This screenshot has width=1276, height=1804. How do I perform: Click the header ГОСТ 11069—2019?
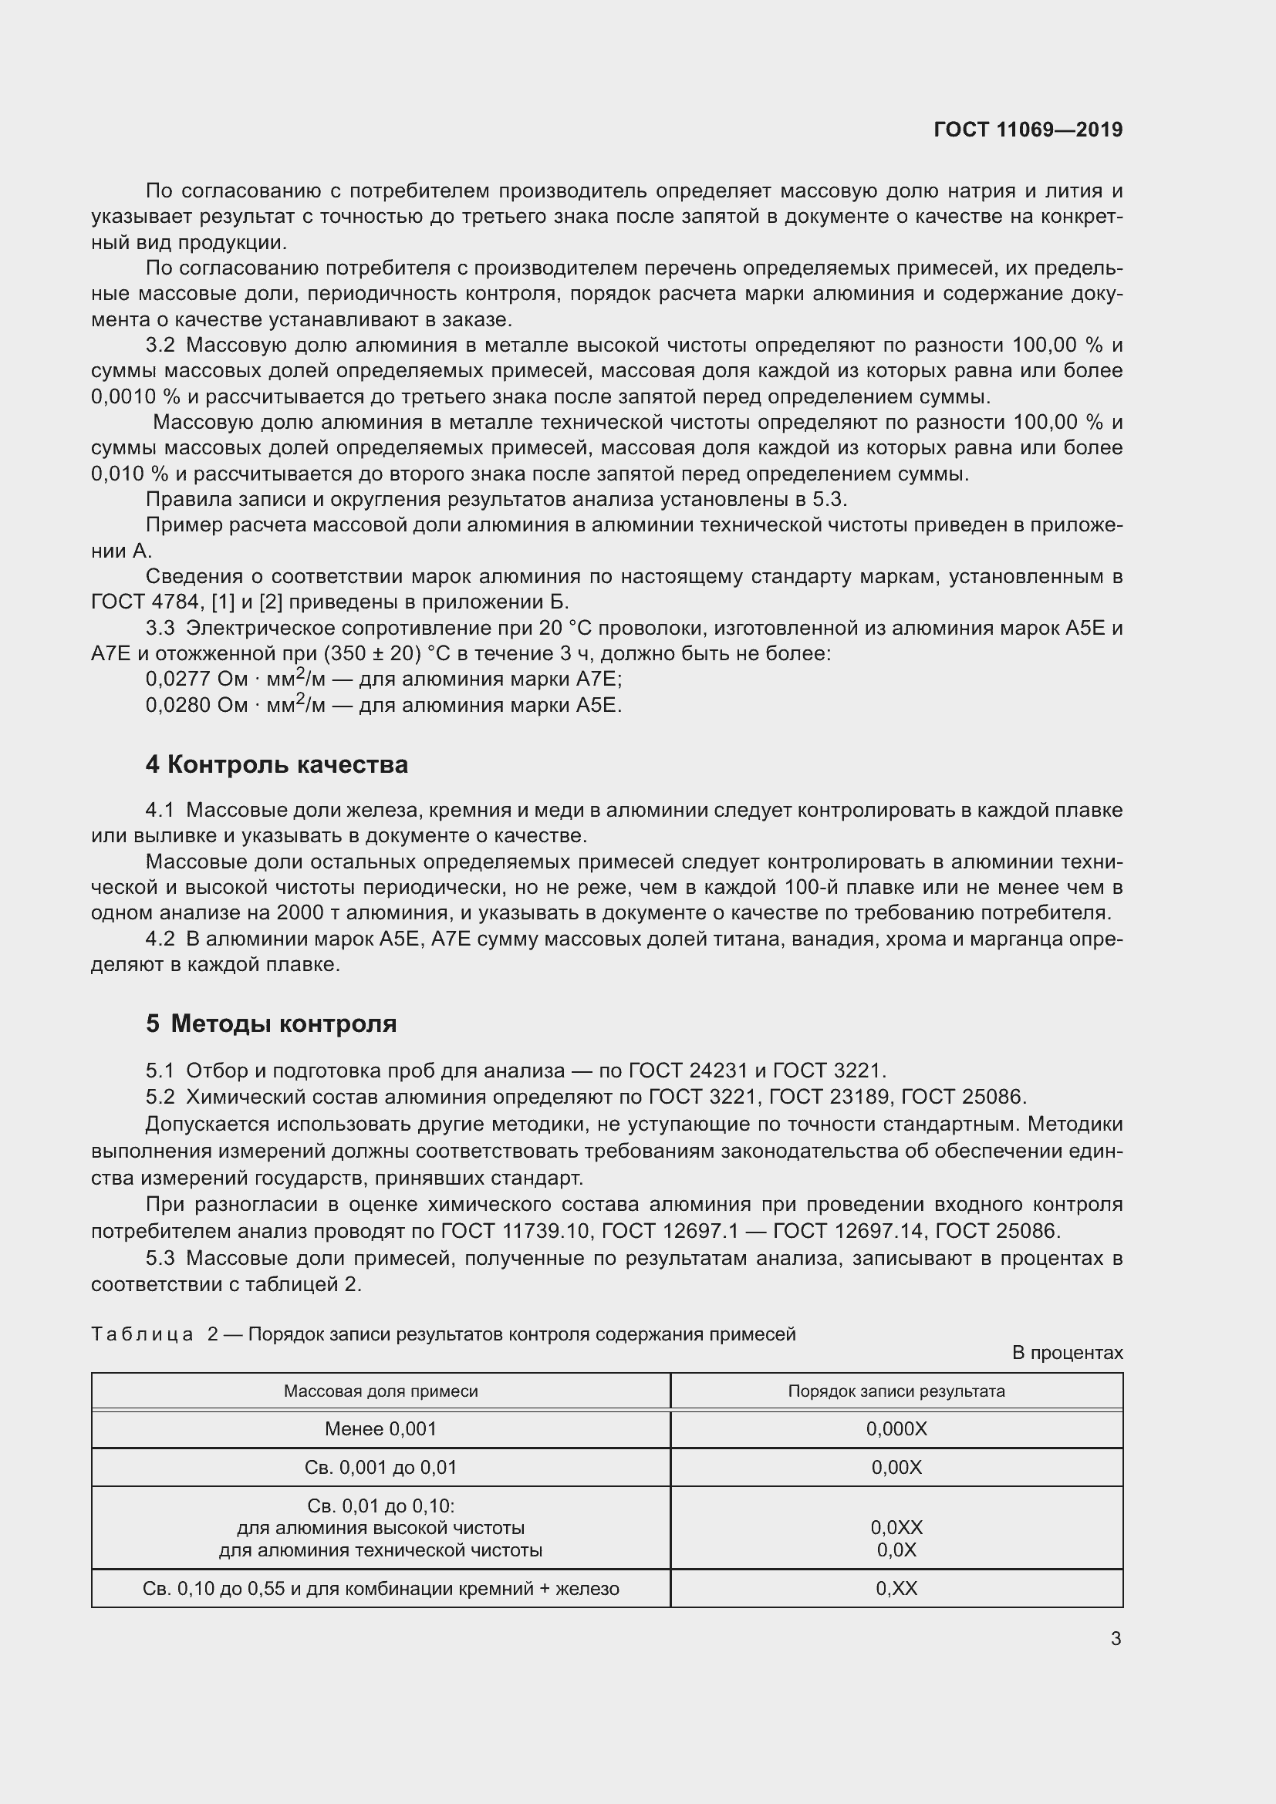[1028, 130]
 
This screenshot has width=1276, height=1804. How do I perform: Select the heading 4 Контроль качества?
[277, 764]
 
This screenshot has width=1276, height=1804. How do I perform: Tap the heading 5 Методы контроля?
[271, 1023]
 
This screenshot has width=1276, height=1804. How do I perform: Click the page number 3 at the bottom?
[1116, 1638]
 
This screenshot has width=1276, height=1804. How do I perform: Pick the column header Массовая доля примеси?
[380, 1391]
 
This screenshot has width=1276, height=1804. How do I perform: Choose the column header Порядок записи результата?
[896, 1391]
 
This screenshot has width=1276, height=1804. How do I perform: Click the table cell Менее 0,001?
[380, 1429]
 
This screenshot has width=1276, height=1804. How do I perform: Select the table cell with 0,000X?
[896, 1429]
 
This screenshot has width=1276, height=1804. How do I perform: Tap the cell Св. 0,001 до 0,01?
[380, 1468]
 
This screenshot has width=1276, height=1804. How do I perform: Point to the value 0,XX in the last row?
[896, 1589]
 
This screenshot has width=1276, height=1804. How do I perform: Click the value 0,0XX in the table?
[896, 1527]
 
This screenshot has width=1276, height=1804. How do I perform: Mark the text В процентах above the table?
[1067, 1353]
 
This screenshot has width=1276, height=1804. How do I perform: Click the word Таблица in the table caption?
[142, 1334]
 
